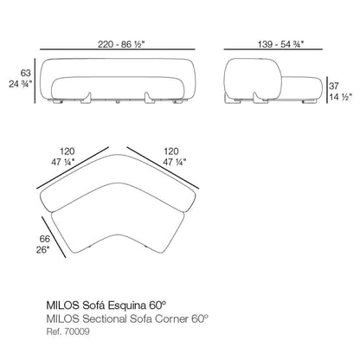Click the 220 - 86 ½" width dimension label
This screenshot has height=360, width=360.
pos(121,44)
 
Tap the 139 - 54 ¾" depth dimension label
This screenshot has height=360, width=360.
pos(280,44)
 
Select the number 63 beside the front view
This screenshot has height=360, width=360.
pos(25,73)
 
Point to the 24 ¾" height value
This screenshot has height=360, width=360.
pos(20,84)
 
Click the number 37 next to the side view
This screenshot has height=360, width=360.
pos(334,86)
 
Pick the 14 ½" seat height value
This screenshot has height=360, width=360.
pos(341,97)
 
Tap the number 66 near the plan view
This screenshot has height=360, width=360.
pos(45,239)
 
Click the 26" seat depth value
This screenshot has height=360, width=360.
pos(42,250)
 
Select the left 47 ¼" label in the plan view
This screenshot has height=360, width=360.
pos(63,163)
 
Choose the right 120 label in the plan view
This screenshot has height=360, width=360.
pos(171,151)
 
